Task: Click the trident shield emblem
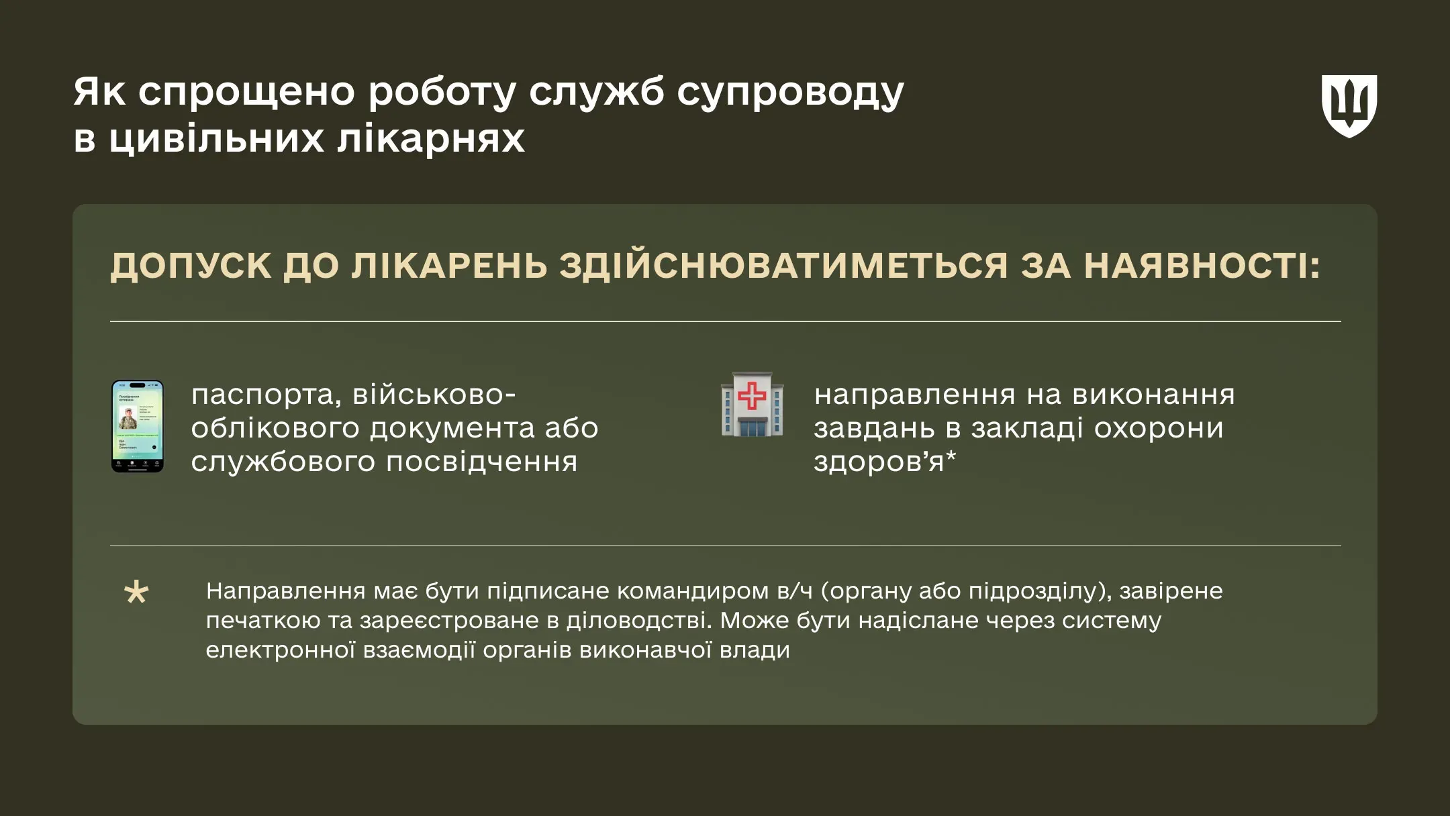coord(1349,106)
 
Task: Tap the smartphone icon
coord(138,426)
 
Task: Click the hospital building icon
coord(752,405)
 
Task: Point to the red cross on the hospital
coord(752,396)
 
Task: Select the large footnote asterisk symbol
coord(136,593)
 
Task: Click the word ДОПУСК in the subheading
coord(190,266)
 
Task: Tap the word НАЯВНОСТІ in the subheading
coord(1202,266)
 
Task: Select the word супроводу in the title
coord(790,93)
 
